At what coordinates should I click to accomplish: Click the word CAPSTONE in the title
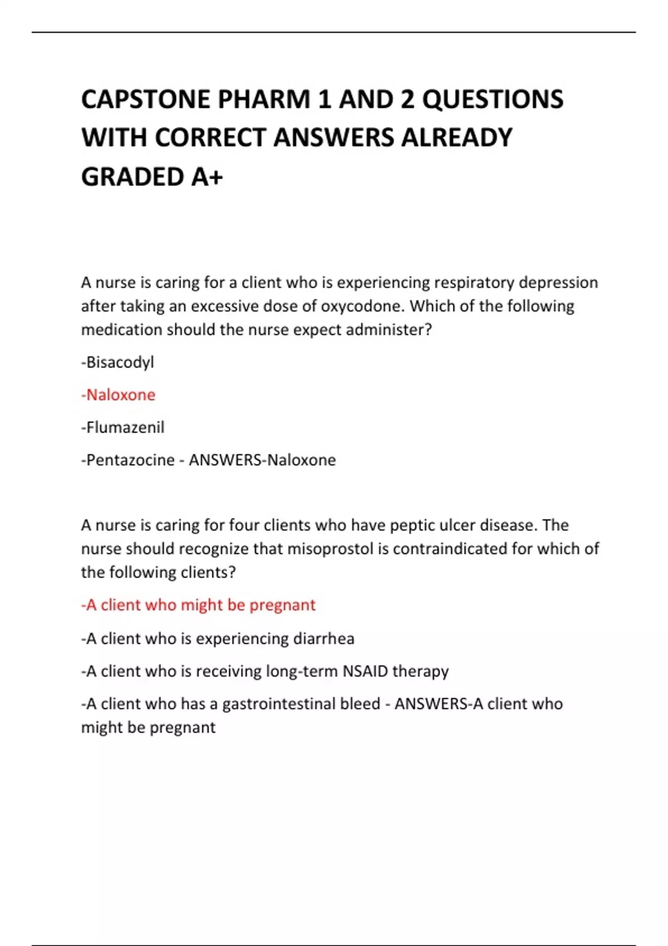click(145, 100)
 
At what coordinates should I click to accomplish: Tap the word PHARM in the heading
click(264, 100)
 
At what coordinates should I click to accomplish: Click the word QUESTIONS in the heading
click(493, 100)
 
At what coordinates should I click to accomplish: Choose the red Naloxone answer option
click(119, 395)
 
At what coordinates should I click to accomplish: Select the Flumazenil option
click(123, 427)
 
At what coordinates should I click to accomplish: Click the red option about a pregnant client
click(199, 605)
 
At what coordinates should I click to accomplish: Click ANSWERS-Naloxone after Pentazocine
click(262, 460)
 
